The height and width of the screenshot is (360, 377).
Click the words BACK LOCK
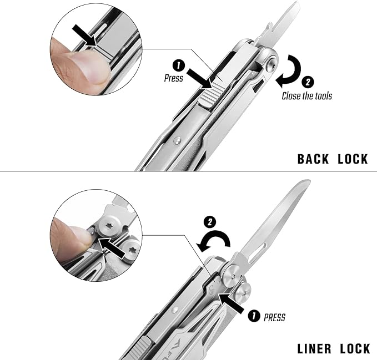coord(333,159)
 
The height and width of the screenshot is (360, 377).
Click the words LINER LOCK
coord(334,349)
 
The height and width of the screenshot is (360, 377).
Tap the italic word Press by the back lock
coord(174,78)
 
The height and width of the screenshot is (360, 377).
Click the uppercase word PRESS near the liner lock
coord(274,317)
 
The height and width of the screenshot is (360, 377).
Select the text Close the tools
coord(307,96)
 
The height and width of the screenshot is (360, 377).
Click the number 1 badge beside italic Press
coord(179,65)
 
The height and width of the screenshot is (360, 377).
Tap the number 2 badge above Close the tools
coord(308,83)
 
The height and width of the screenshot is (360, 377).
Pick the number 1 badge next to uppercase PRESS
coord(254,316)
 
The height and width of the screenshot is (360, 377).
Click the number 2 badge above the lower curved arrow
coord(210,222)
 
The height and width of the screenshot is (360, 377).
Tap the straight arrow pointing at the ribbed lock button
coord(199,79)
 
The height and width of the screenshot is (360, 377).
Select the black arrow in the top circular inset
coord(85,35)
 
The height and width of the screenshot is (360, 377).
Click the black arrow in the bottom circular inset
coord(112,248)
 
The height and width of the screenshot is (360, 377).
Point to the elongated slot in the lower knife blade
coord(259,253)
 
